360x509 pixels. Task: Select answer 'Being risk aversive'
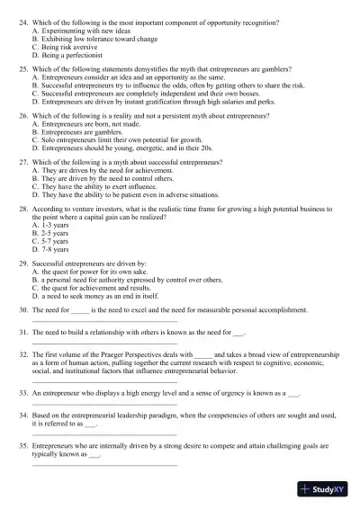[x=67, y=49]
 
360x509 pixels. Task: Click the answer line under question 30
[x=103, y=320]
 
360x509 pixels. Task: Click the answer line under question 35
[x=103, y=464]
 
